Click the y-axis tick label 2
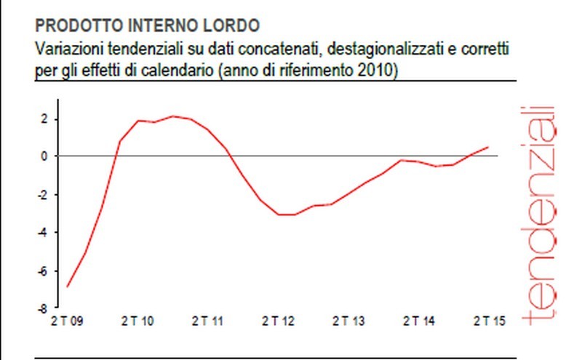(x=44, y=119)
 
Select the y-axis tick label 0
(x=44, y=156)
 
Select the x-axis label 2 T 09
(x=66, y=321)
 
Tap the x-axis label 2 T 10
(x=136, y=321)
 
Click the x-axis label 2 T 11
(x=207, y=321)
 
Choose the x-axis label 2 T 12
(x=277, y=321)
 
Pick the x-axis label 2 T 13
(x=348, y=321)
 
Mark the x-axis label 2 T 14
(x=418, y=321)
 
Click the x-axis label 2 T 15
(x=489, y=321)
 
